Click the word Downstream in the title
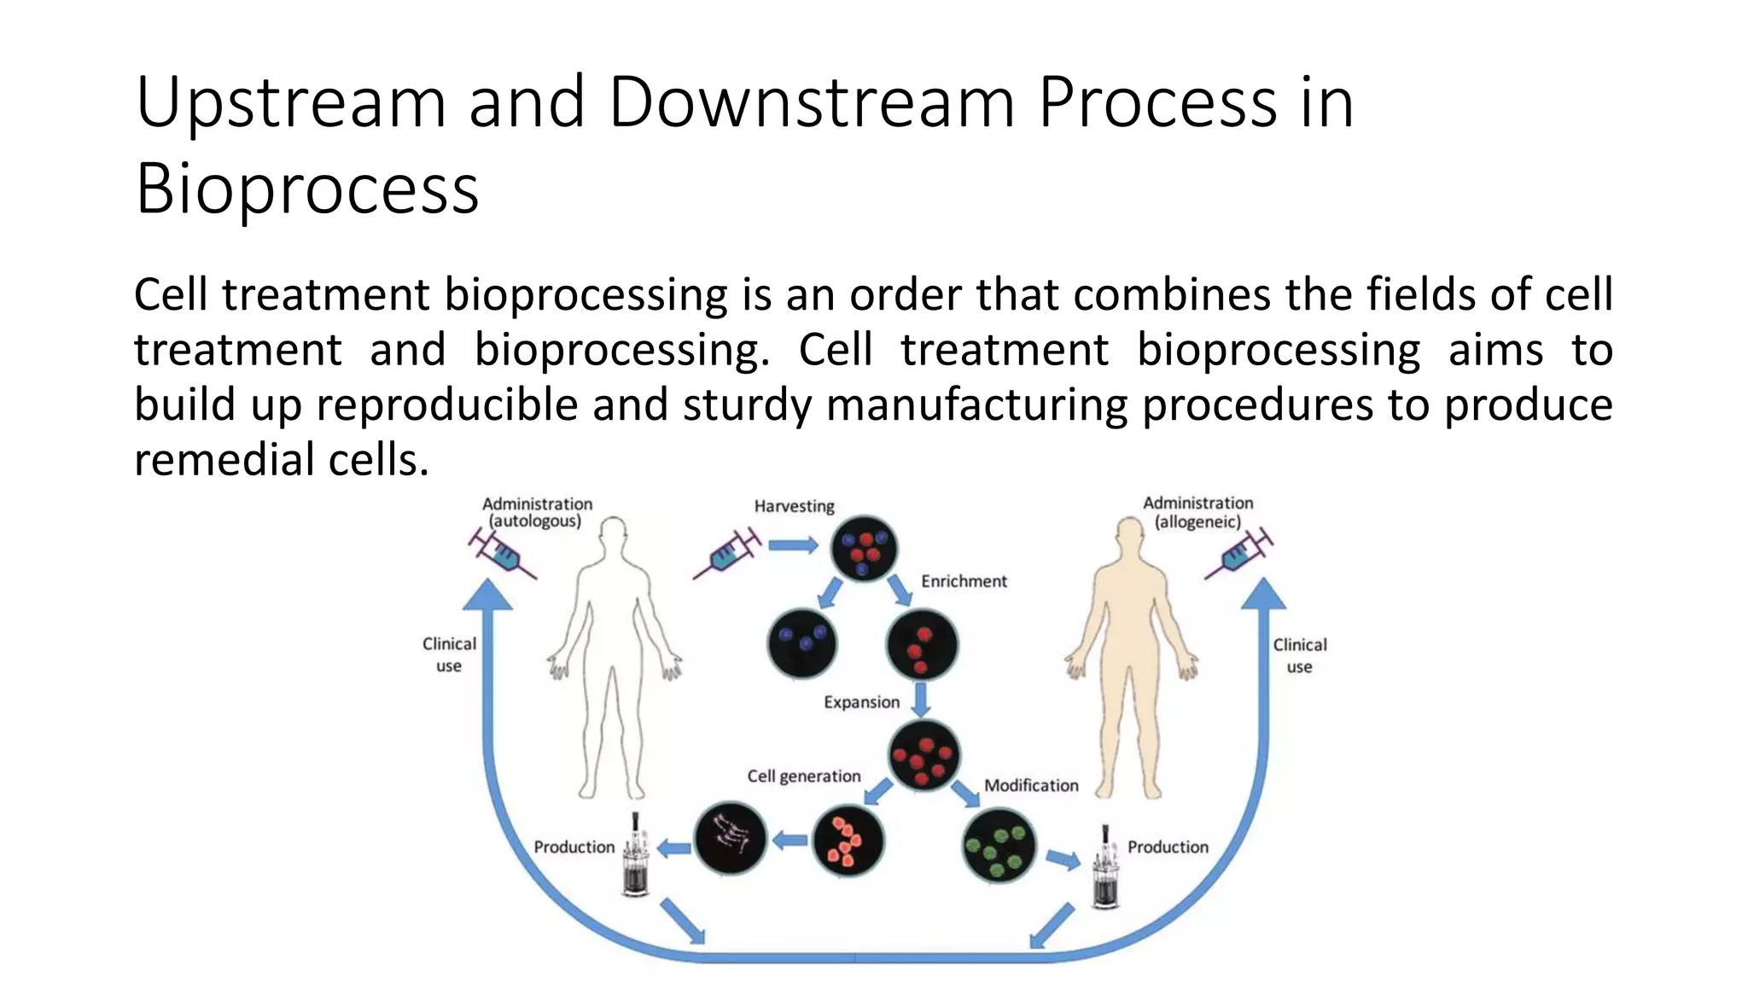811,102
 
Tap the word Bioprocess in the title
307,189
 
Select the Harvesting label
794,506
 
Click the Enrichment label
964,581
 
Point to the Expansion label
861,702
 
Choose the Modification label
1031,785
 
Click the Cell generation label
803,777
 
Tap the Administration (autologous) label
536,512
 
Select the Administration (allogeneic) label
1197,512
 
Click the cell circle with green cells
999,846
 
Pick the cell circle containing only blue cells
802,643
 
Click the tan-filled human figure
1130,657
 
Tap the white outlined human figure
614,657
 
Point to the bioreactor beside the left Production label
636,858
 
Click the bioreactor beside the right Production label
1105,870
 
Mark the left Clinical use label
449,654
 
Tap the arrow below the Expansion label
920,700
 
